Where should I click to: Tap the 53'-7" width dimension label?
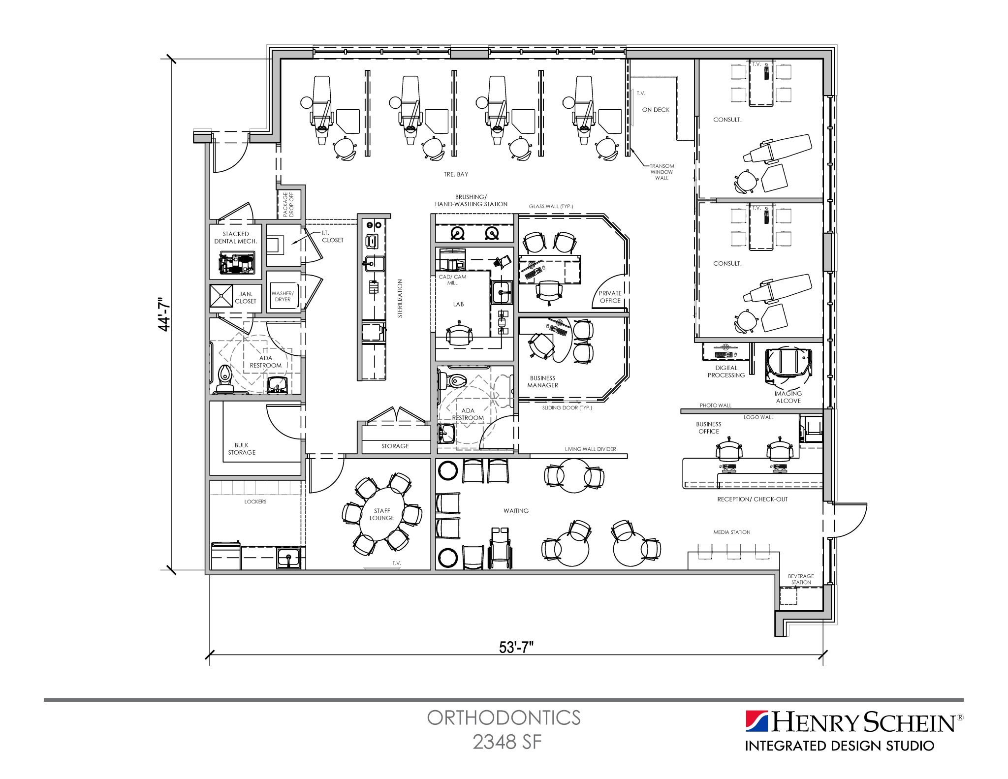[x=516, y=648]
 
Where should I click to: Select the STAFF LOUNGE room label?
[x=382, y=514]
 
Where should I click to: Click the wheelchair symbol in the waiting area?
[x=500, y=548]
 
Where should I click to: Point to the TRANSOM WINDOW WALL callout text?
[x=661, y=172]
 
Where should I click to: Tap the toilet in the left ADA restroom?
[x=225, y=378]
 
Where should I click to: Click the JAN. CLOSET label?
[x=245, y=298]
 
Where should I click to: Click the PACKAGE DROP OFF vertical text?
[x=288, y=204]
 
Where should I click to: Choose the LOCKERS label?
[x=255, y=501]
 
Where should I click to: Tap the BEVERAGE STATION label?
[x=801, y=579]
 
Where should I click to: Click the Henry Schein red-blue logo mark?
[x=756, y=722]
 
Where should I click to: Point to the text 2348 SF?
[x=507, y=742]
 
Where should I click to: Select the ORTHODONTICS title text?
[x=504, y=718]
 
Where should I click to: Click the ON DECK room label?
[x=656, y=110]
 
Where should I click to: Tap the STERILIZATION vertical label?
[x=400, y=298]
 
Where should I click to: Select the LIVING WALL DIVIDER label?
[x=590, y=449]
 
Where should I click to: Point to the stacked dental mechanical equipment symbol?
[x=237, y=263]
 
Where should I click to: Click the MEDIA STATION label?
[x=731, y=532]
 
